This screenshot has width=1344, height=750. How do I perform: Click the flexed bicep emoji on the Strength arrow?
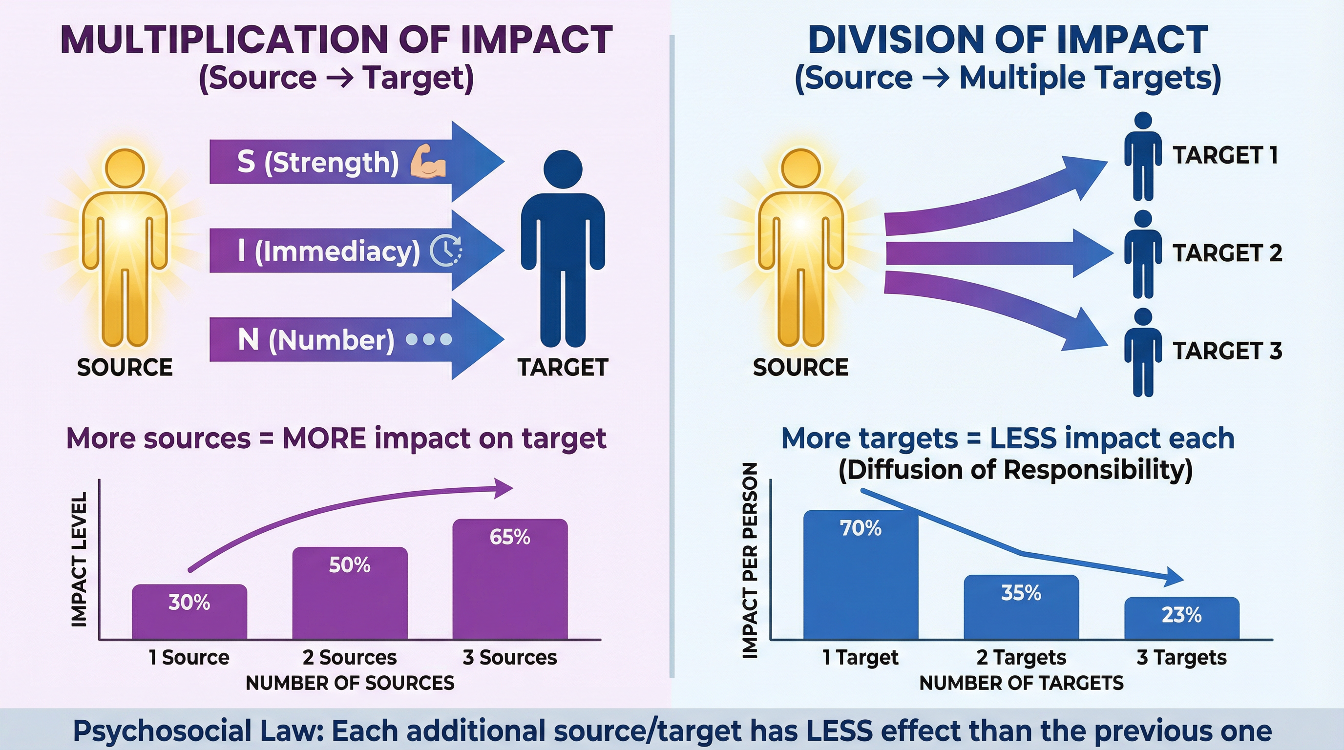(428, 162)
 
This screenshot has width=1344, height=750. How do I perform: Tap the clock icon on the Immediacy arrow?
(445, 251)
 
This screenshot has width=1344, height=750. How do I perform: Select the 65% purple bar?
(510, 579)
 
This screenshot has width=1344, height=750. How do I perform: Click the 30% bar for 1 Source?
(189, 613)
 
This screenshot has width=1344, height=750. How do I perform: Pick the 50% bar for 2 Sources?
(350, 595)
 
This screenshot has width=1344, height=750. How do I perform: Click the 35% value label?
(1021, 593)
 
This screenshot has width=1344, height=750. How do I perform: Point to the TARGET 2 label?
(1227, 253)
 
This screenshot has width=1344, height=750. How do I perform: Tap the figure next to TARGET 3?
(1143, 352)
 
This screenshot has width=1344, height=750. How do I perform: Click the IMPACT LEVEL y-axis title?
(79, 559)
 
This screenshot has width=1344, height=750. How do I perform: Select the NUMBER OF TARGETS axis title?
(1021, 683)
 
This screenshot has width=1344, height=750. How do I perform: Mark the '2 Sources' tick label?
(350, 658)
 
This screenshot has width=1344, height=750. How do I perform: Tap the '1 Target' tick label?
(861, 658)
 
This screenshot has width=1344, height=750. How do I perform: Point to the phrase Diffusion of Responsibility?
(1015, 469)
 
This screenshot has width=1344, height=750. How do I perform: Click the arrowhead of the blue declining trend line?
(1174, 577)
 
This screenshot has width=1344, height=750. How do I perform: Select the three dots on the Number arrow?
(428, 339)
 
